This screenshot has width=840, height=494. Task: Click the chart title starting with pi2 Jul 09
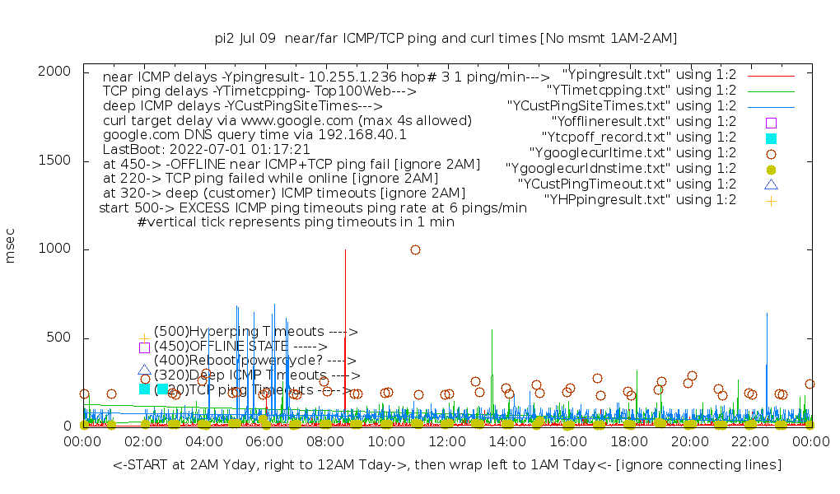[x=445, y=38]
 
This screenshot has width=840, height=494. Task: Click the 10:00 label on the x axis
[x=385, y=442]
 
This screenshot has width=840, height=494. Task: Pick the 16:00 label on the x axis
[x=567, y=442]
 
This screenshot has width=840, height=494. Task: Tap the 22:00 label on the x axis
[x=749, y=442]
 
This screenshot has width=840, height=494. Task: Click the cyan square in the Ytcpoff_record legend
[x=771, y=137]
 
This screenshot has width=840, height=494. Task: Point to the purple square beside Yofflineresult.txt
[x=771, y=122]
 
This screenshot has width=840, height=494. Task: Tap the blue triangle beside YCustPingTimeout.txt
[x=771, y=184]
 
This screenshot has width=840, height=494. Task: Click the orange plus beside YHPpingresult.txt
[x=771, y=200]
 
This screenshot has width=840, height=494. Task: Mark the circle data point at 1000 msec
[x=415, y=249]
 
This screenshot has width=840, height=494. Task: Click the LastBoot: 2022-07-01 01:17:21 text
[x=206, y=149]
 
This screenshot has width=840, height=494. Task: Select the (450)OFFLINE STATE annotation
[x=240, y=346]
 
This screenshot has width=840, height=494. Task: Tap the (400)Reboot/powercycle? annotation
[x=254, y=360]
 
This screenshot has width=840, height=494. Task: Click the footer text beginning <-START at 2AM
[x=446, y=465]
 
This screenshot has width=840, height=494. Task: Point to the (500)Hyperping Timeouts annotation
[x=255, y=332]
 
